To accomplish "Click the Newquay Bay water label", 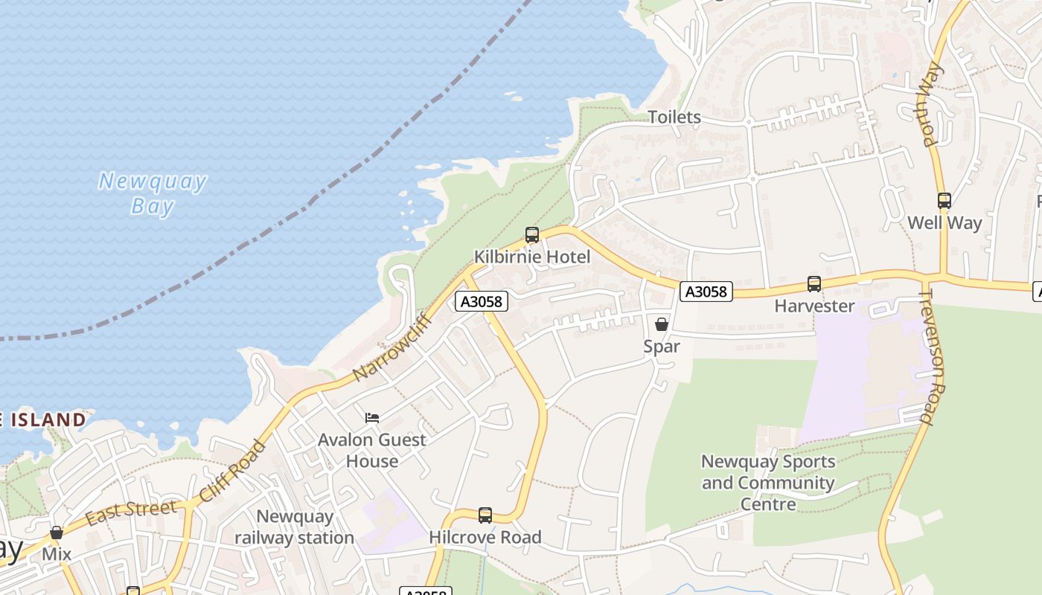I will pyautogui.click(x=153, y=193).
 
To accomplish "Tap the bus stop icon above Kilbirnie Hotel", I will pyautogui.click(x=531, y=235).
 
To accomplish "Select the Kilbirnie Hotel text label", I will pyautogui.click(x=532, y=257).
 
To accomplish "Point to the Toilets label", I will pyautogui.click(x=674, y=117).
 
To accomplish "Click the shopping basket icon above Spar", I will pyautogui.click(x=661, y=324).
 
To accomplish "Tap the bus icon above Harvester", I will pyautogui.click(x=814, y=284).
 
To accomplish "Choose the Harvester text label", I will pyautogui.click(x=814, y=306).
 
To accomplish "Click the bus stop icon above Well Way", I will pyautogui.click(x=944, y=201).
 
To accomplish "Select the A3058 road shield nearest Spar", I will pyautogui.click(x=706, y=292).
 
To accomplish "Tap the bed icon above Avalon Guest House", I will pyautogui.click(x=372, y=418).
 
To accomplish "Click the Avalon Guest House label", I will pyautogui.click(x=372, y=450).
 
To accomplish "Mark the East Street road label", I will pyautogui.click(x=131, y=512).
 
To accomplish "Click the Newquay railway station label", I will pyautogui.click(x=295, y=527).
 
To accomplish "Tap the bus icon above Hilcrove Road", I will pyautogui.click(x=485, y=515).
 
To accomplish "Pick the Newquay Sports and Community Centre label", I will pyautogui.click(x=768, y=483).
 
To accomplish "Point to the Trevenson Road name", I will pyautogui.click(x=931, y=357).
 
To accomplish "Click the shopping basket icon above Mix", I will pyautogui.click(x=57, y=533).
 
